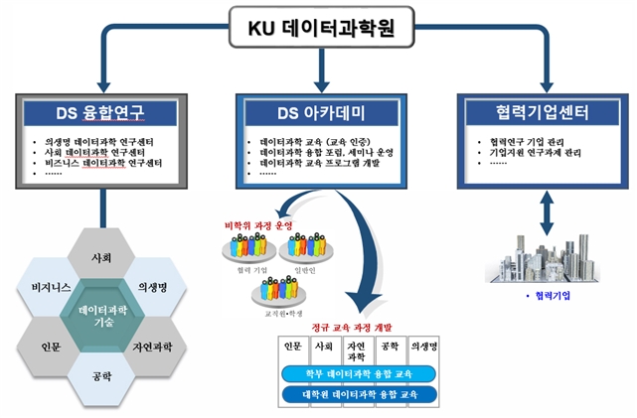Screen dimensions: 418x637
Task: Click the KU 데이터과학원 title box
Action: tap(319, 28)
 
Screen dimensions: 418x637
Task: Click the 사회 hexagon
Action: tap(101, 258)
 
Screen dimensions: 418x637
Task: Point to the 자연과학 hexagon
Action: tap(154, 348)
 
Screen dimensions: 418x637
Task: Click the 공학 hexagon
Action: tap(101, 377)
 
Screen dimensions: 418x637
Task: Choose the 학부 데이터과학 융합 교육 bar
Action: tap(359, 374)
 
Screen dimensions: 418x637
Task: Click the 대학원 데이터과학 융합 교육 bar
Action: tap(359, 394)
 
